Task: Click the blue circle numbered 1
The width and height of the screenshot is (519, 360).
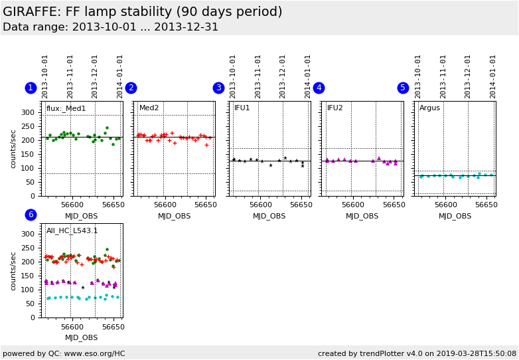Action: pyautogui.click(x=31, y=88)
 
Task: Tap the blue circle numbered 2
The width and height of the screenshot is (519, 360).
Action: pyautogui.click(x=131, y=88)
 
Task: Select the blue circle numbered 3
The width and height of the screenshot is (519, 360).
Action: pyautogui.click(x=218, y=88)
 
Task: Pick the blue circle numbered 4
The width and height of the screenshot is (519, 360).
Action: pyautogui.click(x=319, y=88)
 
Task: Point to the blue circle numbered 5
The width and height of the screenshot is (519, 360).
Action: pyautogui.click(x=403, y=88)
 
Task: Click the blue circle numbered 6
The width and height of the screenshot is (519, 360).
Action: pyautogui.click(x=31, y=215)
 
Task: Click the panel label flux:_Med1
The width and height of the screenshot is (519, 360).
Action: pyautogui.click(x=66, y=108)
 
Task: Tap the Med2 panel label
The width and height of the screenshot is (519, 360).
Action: pyautogui.click(x=149, y=108)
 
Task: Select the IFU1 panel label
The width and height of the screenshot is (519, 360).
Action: pyautogui.click(x=242, y=108)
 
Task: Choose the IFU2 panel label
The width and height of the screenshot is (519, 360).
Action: pyautogui.click(x=335, y=108)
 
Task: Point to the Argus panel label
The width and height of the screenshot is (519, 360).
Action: pyautogui.click(x=429, y=108)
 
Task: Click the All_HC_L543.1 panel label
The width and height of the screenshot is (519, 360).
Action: pyautogui.click(x=72, y=231)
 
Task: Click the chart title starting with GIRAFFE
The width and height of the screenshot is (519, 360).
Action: pyautogui.click(x=142, y=12)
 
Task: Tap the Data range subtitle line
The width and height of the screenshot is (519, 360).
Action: pyautogui.click(x=110, y=27)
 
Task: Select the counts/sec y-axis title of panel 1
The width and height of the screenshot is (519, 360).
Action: pyautogui.click(x=13, y=149)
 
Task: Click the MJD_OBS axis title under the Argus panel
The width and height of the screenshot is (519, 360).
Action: pyautogui.click(x=455, y=216)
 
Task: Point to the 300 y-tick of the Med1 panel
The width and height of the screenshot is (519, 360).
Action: pyautogui.click(x=28, y=112)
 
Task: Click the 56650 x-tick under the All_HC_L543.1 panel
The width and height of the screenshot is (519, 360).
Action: pyautogui.click(x=112, y=327)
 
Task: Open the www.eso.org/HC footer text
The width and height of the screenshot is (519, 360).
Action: pyautogui.click(x=64, y=353)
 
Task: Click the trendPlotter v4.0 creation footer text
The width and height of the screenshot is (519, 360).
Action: pyautogui.click(x=417, y=353)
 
